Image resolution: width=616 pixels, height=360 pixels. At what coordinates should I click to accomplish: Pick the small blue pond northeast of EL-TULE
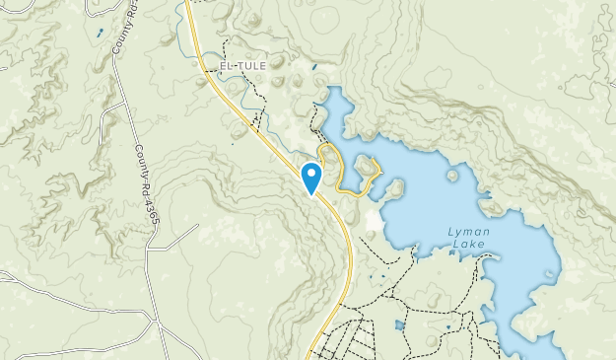click(x=313, y=67)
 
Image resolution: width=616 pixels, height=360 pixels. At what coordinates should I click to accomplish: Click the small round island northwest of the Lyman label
click(x=452, y=176)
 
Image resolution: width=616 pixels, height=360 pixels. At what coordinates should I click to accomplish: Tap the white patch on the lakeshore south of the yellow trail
click(x=373, y=219)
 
